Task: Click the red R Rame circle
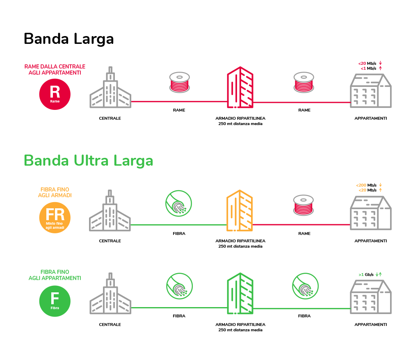[x=55, y=94]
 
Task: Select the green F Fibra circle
[x=55, y=301]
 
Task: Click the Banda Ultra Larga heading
[x=89, y=161]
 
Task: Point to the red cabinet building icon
[x=240, y=87]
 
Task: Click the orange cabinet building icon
[x=240, y=211]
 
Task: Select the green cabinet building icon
[x=240, y=294]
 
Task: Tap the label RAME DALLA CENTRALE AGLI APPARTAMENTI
[x=55, y=69]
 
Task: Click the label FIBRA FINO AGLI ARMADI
[x=55, y=192]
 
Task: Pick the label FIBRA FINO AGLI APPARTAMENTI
[x=55, y=275]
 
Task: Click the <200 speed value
[x=361, y=185]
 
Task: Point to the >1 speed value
[x=361, y=274]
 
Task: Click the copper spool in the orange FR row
[x=304, y=205]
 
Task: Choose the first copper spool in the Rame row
[x=180, y=82]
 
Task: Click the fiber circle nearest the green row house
[x=305, y=286]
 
